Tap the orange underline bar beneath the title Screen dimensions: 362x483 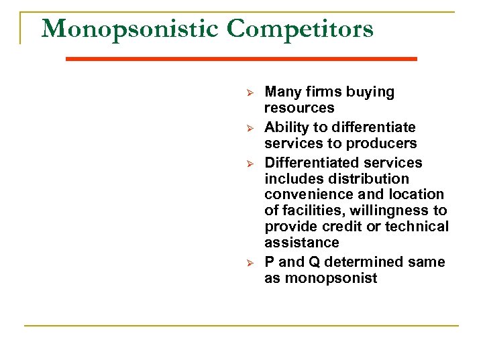(241, 59)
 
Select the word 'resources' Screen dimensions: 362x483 (299, 108)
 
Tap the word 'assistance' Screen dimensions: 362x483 (302, 243)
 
